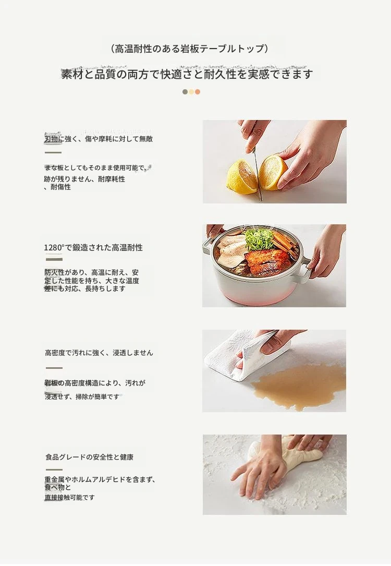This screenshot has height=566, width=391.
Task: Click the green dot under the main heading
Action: pyautogui.click(x=185, y=92)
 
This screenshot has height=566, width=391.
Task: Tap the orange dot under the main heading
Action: pyautogui.click(x=198, y=92)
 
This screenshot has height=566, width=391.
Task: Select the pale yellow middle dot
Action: pyautogui.click(x=191, y=92)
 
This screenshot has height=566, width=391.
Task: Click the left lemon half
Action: pyautogui.click(x=241, y=176)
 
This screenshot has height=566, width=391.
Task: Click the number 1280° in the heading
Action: pyautogui.click(x=54, y=248)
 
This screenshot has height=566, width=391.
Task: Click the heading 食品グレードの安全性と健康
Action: pyautogui.click(x=90, y=457)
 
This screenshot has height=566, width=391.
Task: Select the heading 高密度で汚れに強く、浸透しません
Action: pyautogui.click(x=99, y=353)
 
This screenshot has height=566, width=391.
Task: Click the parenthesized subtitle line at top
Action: pyautogui.click(x=189, y=49)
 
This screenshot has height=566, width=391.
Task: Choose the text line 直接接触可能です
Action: pyautogui.click(x=70, y=498)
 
